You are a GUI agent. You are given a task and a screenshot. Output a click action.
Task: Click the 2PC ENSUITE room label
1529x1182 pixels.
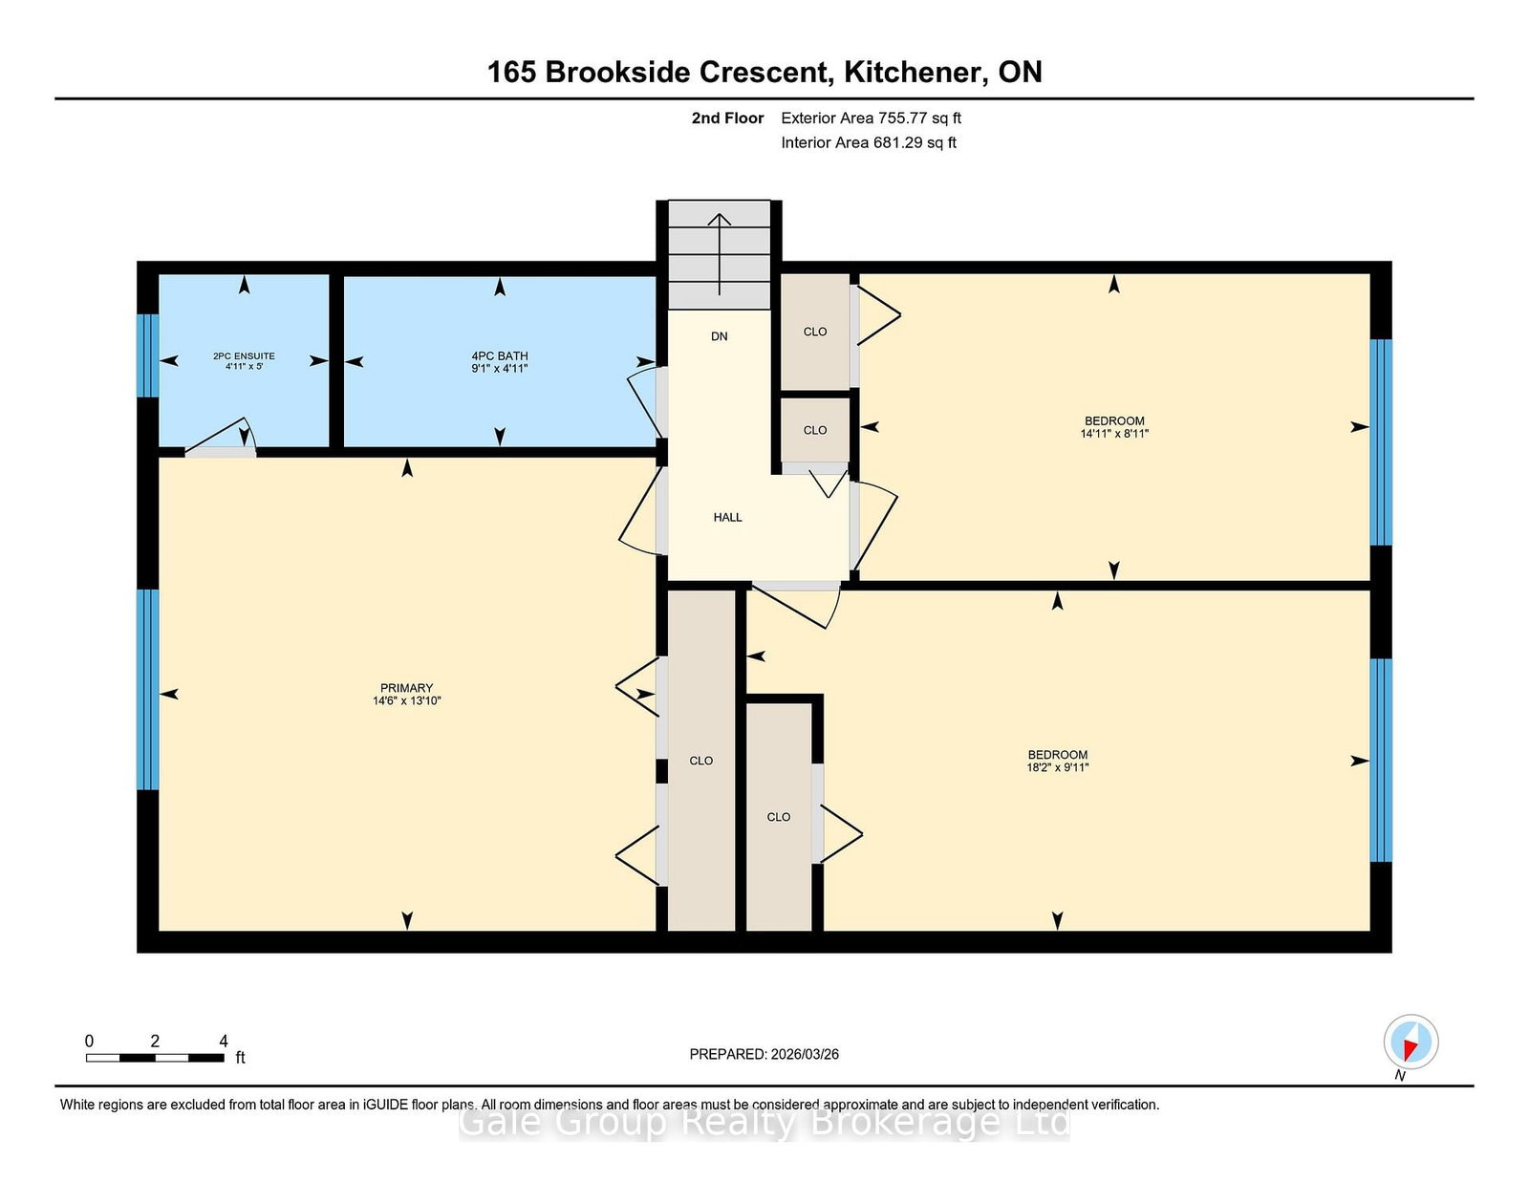click(x=244, y=356)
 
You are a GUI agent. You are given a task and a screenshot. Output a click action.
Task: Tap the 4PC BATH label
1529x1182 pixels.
click(x=500, y=356)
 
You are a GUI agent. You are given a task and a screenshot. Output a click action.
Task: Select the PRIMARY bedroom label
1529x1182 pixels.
click(x=407, y=688)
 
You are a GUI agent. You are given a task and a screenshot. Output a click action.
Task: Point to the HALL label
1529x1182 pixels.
click(x=727, y=517)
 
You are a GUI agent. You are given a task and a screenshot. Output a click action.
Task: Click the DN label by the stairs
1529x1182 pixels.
click(x=720, y=336)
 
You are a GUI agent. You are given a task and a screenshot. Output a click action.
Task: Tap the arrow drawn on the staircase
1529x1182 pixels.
click(x=720, y=254)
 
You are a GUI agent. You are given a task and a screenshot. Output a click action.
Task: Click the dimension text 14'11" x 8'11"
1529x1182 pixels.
click(x=1114, y=434)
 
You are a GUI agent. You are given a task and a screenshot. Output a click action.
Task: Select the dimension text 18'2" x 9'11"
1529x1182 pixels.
click(x=1058, y=767)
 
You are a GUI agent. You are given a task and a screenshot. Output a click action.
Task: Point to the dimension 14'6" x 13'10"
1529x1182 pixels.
click(x=407, y=700)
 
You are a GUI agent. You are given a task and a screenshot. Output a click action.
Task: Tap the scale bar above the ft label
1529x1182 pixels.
click(x=155, y=1058)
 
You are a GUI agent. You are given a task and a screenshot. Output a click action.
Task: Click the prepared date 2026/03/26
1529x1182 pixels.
click(x=805, y=1054)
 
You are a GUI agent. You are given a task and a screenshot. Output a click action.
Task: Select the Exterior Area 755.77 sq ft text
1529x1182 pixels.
click(x=872, y=118)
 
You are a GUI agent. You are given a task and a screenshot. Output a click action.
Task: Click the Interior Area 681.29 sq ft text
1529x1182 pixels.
click(x=869, y=142)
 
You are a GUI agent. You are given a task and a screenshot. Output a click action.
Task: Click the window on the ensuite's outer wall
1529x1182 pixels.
click(x=148, y=355)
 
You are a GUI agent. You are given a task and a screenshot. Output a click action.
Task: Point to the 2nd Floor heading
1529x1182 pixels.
click(x=727, y=118)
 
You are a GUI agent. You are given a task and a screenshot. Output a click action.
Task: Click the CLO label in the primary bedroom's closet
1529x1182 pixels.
click(x=700, y=761)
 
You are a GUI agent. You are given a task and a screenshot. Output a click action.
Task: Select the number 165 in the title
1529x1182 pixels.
click(x=511, y=72)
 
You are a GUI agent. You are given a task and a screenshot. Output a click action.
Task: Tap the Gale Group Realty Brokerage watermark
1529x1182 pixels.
click(x=764, y=1124)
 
